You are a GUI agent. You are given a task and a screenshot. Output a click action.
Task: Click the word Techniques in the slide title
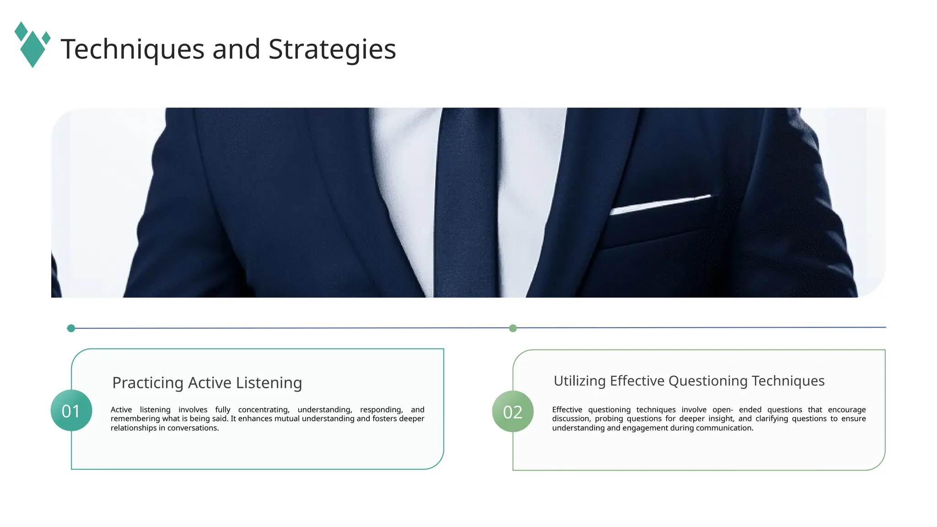(x=133, y=49)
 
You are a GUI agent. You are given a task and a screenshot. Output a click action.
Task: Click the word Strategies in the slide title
(x=332, y=49)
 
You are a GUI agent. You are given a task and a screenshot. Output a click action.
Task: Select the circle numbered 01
(x=71, y=411)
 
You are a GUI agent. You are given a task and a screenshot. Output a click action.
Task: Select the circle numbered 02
(x=512, y=412)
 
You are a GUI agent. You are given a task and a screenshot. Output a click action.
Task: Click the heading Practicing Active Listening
(x=207, y=382)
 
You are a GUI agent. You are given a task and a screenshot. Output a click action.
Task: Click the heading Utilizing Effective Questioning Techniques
(x=689, y=381)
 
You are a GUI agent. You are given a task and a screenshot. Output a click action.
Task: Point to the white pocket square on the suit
(x=661, y=204)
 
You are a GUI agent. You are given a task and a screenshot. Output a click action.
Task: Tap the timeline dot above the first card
(x=71, y=328)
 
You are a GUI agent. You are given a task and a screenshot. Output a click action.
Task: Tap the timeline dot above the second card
(x=513, y=328)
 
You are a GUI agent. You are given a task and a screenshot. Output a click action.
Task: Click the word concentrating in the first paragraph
(x=264, y=409)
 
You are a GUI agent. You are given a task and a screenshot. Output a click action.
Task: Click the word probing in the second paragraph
(x=608, y=419)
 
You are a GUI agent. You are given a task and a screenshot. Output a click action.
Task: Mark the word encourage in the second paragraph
(x=846, y=409)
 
